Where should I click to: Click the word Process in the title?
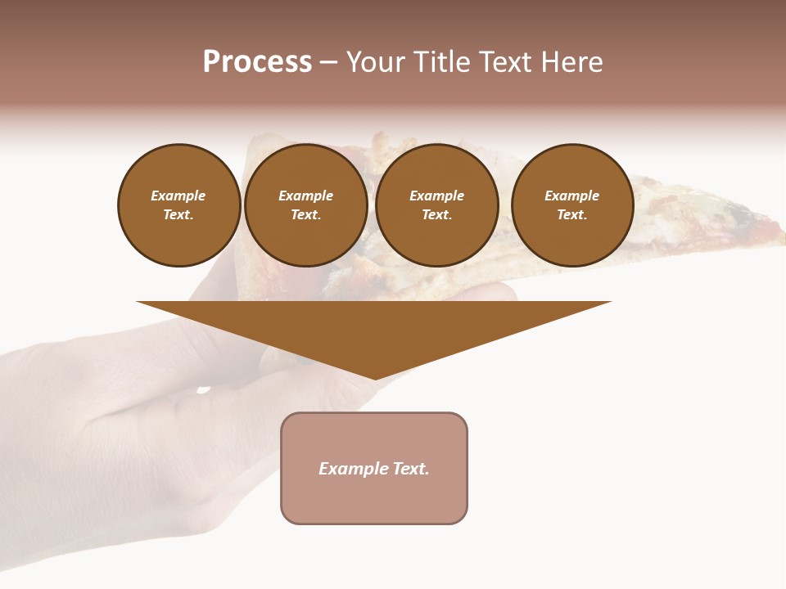(257, 62)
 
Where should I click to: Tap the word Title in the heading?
(441, 62)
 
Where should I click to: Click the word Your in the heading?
(377, 62)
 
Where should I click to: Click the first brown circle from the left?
(178, 205)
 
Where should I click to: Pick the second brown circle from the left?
(306, 205)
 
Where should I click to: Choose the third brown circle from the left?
(437, 205)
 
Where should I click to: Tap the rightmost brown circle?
(572, 205)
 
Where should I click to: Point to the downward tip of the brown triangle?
(375, 378)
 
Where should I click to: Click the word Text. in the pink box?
(411, 469)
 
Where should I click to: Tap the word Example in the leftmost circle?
(178, 196)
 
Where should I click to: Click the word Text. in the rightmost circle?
(572, 215)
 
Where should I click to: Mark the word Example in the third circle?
(437, 196)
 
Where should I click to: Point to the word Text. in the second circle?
(306, 215)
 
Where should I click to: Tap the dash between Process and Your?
(328, 62)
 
